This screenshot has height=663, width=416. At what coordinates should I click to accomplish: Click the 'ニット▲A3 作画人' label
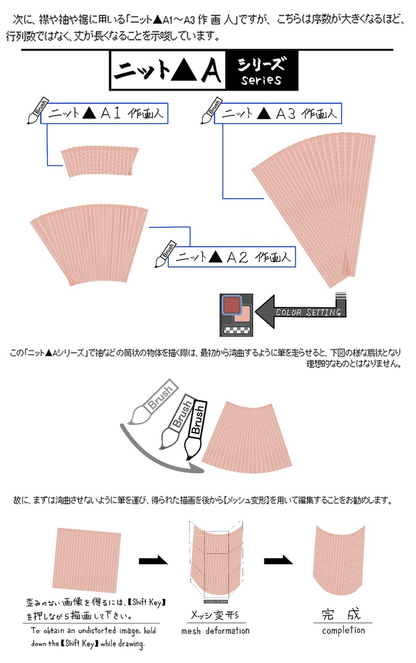point(279,113)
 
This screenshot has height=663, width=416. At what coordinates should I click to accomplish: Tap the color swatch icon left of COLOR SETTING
point(237,314)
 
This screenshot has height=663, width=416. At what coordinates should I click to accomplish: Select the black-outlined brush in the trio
point(195,428)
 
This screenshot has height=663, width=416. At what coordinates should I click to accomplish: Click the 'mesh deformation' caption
point(215,631)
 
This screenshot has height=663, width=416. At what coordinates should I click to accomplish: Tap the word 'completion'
point(343,630)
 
